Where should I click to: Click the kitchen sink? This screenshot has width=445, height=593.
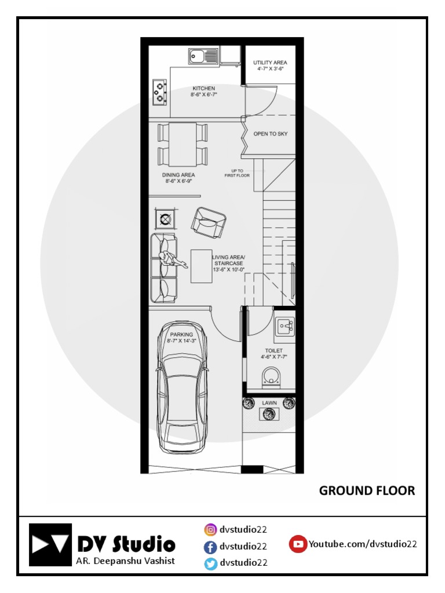pyautogui.click(x=203, y=57)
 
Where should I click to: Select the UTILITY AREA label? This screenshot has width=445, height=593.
pyautogui.click(x=270, y=63)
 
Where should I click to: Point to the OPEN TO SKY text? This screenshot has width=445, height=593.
pyautogui.click(x=270, y=134)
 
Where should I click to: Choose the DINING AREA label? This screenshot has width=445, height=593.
pyautogui.click(x=179, y=175)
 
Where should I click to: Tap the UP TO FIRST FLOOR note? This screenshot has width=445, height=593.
pyautogui.click(x=237, y=173)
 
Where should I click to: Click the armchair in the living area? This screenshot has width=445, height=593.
pyautogui.click(x=209, y=222)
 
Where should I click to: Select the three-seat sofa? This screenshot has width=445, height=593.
pyautogui.click(x=164, y=268)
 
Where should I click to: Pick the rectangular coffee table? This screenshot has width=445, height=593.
pyautogui.click(x=201, y=266)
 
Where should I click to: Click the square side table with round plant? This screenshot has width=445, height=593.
pyautogui.click(x=165, y=219)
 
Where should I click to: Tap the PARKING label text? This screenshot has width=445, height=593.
pyautogui.click(x=181, y=335)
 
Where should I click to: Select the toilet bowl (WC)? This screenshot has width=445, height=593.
pyautogui.click(x=270, y=376)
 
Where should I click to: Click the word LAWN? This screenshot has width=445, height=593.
pyautogui.click(x=269, y=402)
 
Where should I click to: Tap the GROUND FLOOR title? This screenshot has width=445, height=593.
pyautogui.click(x=367, y=490)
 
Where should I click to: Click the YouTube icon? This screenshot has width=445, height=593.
pyautogui.click(x=298, y=544)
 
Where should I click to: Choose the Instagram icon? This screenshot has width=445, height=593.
pyautogui.click(x=210, y=529)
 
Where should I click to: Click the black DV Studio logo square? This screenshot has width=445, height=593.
pyautogui.click(x=50, y=544)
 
